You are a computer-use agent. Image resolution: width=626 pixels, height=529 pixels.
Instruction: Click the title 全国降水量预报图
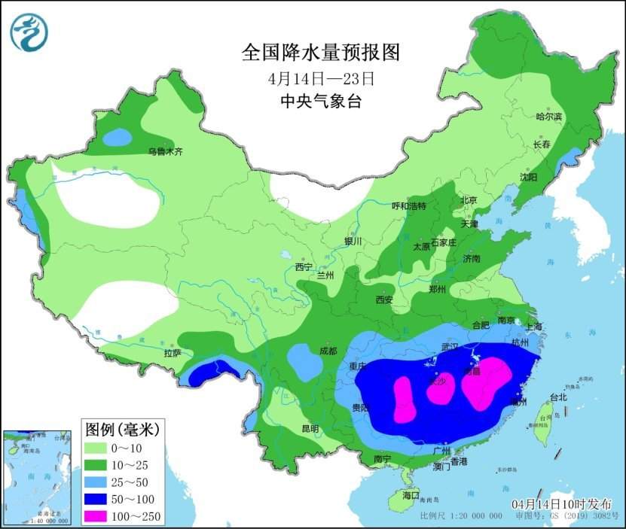coord(319,52)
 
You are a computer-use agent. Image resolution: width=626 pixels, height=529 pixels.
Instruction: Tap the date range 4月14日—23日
coord(319,78)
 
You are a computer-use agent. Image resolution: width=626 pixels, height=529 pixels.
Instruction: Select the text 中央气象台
coord(319,102)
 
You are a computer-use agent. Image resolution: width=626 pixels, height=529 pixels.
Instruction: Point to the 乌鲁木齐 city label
coord(165,152)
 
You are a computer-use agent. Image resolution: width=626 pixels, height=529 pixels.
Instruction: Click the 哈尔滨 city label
coord(548,117)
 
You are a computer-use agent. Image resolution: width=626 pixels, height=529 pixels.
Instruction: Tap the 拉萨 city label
coord(172,353)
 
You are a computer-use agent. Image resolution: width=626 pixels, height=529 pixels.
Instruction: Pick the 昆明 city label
coord(310,428)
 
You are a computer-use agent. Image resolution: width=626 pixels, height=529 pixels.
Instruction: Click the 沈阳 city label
coord(528,178)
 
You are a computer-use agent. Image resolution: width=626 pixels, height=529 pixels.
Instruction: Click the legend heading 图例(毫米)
coord(121,430)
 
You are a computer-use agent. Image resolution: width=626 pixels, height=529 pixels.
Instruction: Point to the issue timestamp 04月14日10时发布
coord(561,503)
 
